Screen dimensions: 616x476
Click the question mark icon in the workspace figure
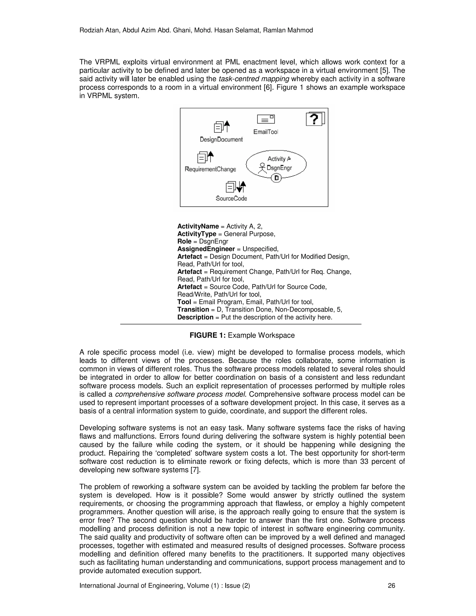315,119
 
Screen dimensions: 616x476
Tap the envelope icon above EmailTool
266,119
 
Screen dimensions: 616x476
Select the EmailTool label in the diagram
266,132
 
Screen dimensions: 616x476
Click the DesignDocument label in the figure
221,139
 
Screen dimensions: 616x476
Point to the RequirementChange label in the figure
210,169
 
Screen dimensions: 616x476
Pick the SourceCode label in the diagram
231,198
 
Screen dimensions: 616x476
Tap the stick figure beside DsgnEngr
262,168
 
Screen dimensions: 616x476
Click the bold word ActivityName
198,226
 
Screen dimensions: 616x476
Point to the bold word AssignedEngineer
206,249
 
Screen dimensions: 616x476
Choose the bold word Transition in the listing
193,309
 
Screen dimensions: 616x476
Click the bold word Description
195,317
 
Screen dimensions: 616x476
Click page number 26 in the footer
391,586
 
